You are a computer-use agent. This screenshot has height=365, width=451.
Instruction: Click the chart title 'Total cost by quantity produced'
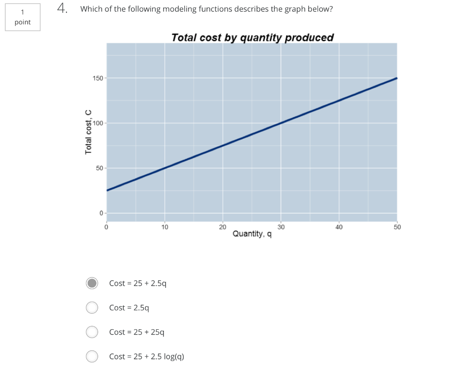pyautogui.click(x=252, y=37)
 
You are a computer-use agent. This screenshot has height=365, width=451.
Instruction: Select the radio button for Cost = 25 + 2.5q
pyautogui.click(x=92, y=283)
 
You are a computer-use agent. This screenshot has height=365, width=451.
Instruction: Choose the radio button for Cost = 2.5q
pyautogui.click(x=92, y=307)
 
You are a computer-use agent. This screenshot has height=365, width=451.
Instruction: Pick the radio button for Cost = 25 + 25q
pyautogui.click(x=92, y=331)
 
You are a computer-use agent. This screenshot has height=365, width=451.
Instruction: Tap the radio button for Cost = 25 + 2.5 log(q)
pyautogui.click(x=92, y=356)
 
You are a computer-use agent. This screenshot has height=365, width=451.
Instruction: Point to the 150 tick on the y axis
pyautogui.click(x=98, y=78)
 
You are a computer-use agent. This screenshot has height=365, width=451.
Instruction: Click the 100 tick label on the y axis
pyautogui.click(x=98, y=123)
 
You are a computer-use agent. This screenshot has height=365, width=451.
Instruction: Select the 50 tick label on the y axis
pyautogui.click(x=99, y=168)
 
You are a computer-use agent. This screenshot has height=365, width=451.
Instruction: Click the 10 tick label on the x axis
pyautogui.click(x=164, y=227)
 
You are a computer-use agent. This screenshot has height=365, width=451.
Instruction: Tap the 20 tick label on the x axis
pyautogui.click(x=222, y=227)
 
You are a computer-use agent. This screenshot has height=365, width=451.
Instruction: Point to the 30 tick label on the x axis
pyautogui.click(x=281, y=227)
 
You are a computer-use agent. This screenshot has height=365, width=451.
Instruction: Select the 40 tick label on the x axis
pyautogui.click(x=339, y=227)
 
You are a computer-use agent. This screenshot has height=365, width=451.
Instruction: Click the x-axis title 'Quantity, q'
pyautogui.click(x=252, y=234)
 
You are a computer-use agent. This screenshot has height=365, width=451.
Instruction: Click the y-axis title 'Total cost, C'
pyautogui.click(x=88, y=131)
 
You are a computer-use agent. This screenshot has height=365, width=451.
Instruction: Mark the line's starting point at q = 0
pyautogui.click(x=107, y=190)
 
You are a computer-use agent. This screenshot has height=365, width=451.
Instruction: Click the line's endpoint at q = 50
pyautogui.click(x=396, y=78)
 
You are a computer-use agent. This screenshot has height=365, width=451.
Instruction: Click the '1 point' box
pyautogui.click(x=22, y=17)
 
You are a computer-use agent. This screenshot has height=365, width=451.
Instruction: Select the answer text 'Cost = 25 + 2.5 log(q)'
pyautogui.click(x=146, y=356)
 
